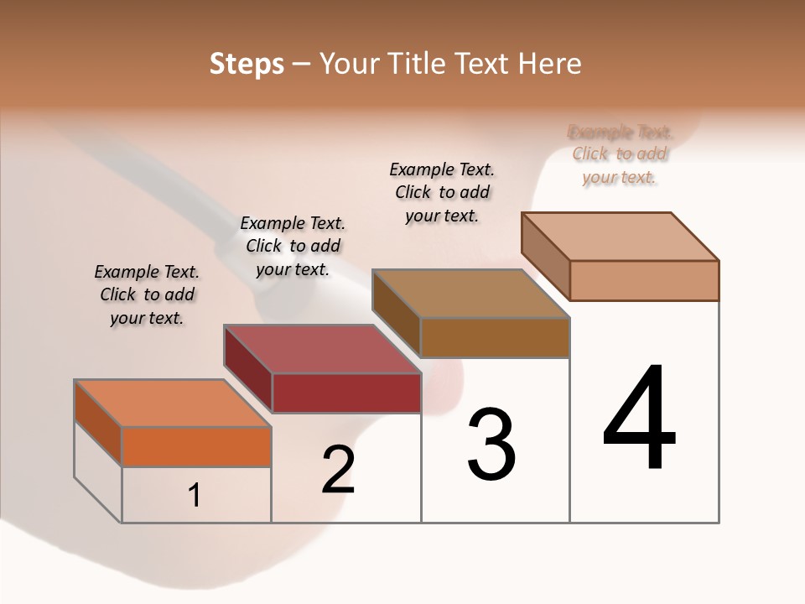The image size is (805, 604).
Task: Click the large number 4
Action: [x=639, y=419]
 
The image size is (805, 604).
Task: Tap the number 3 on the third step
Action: [x=491, y=445]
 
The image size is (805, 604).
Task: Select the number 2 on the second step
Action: [x=338, y=470]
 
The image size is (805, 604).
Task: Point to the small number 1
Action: [x=195, y=496]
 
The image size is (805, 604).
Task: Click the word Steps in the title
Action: [x=247, y=64]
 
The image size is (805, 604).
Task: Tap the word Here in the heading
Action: [x=550, y=64]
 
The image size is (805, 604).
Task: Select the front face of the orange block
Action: [x=196, y=446]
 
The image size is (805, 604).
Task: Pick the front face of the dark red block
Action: [x=345, y=393]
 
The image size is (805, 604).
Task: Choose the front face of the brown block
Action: [x=495, y=337]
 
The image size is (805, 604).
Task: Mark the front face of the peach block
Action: [x=644, y=280]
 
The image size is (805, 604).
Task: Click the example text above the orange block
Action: [x=147, y=294]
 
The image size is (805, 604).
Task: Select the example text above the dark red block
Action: [x=293, y=246]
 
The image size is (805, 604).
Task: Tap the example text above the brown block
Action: [x=442, y=192]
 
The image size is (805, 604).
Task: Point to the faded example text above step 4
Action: [x=620, y=154]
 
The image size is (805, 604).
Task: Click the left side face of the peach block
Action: [x=545, y=256]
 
